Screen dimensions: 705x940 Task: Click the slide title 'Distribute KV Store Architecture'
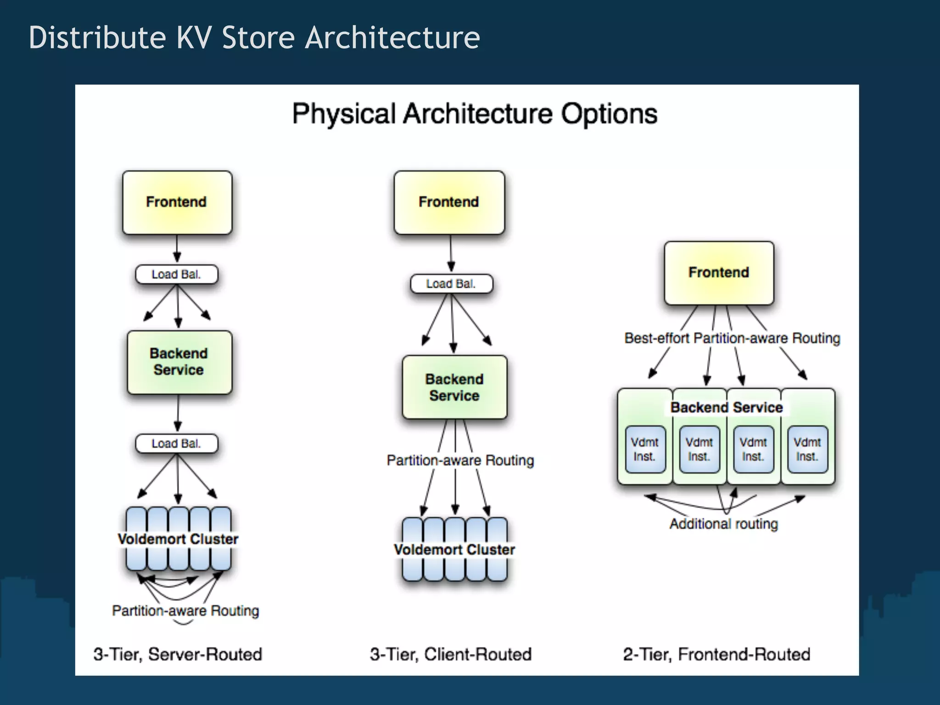click(x=254, y=38)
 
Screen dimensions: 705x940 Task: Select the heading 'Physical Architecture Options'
click(x=475, y=114)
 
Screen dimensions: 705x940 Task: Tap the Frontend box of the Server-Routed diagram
click(x=177, y=202)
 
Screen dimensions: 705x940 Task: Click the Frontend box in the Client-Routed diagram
click(x=449, y=202)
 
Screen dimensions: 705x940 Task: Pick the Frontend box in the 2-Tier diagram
click(x=719, y=273)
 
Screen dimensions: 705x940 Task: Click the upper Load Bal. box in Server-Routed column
click(x=176, y=274)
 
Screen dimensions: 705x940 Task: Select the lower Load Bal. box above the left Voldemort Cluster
click(x=176, y=444)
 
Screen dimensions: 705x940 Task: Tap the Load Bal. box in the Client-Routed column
click(x=451, y=284)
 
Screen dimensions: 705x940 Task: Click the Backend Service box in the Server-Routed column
click(x=179, y=362)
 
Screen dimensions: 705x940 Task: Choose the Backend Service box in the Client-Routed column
click(x=454, y=387)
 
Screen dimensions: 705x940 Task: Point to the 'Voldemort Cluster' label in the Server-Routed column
click(x=178, y=539)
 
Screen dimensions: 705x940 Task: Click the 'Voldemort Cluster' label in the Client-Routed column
click(x=454, y=549)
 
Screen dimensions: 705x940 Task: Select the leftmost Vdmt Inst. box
click(x=645, y=449)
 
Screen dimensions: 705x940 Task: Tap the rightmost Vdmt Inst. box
click(x=807, y=449)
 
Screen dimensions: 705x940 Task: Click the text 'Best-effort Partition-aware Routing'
click(x=732, y=338)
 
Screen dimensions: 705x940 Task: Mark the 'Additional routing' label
click(x=723, y=524)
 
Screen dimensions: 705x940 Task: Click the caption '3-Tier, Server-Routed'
click(x=178, y=654)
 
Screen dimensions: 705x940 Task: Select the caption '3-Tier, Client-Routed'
click(x=451, y=654)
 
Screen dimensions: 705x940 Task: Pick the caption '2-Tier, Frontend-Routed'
click(x=716, y=654)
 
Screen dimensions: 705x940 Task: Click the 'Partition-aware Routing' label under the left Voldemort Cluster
click(x=185, y=610)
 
